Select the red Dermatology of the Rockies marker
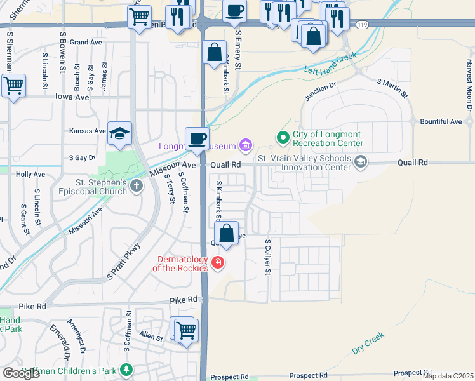point(217,262)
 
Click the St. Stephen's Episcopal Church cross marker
point(137,186)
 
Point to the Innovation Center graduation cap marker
point(361,162)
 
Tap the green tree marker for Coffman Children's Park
point(127,370)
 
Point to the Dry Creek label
point(368,343)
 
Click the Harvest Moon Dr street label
point(469,85)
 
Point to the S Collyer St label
point(268,257)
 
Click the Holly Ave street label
point(30,173)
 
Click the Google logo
point(22,373)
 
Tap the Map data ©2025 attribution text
point(448,376)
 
